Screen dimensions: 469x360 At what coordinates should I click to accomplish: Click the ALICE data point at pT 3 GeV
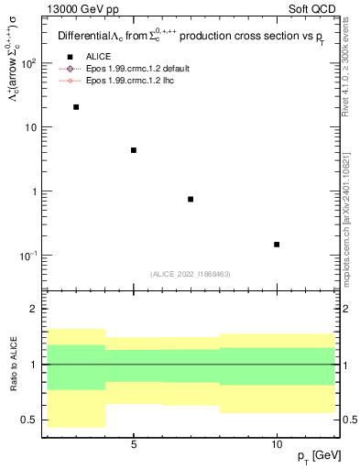76,107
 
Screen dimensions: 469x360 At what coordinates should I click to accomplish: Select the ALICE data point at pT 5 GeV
134,150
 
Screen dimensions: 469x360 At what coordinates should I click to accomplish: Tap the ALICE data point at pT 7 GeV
191,199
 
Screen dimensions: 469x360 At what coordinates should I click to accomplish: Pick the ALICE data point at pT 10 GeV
277,245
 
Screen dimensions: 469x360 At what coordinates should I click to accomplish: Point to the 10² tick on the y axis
28,63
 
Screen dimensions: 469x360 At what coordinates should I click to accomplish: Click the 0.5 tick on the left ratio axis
29,420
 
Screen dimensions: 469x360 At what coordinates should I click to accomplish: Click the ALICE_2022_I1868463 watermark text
189,274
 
